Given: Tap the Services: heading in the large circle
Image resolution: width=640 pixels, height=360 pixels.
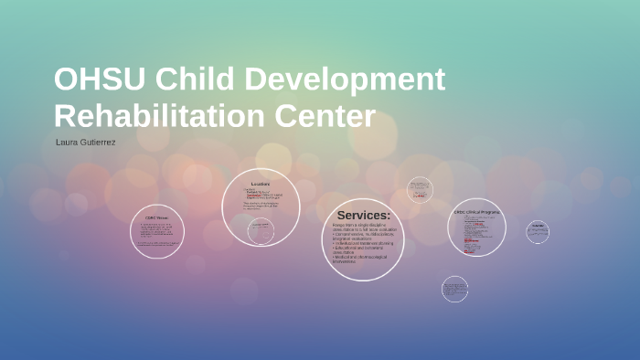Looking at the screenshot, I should (x=363, y=216).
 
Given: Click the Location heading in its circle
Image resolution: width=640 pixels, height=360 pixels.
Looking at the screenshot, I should (x=261, y=185).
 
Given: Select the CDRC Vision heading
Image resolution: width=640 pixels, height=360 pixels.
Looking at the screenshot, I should (x=156, y=217).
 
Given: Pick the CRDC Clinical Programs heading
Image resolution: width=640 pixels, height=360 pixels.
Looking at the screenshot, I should (x=476, y=212).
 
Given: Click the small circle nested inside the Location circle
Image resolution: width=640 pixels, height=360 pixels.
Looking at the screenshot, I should (x=261, y=232).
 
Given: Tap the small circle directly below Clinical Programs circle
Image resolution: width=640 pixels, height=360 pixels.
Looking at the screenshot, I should (x=454, y=289).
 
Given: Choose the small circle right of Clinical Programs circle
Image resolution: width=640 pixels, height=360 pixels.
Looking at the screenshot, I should (x=538, y=231).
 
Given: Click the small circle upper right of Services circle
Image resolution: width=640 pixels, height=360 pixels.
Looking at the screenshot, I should (x=420, y=189).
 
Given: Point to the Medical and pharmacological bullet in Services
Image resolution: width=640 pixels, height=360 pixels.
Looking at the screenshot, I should (x=360, y=257).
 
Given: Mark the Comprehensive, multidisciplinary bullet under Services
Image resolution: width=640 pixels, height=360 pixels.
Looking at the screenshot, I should (x=363, y=235).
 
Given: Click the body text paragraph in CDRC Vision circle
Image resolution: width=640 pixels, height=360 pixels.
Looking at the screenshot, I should (x=156, y=232).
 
